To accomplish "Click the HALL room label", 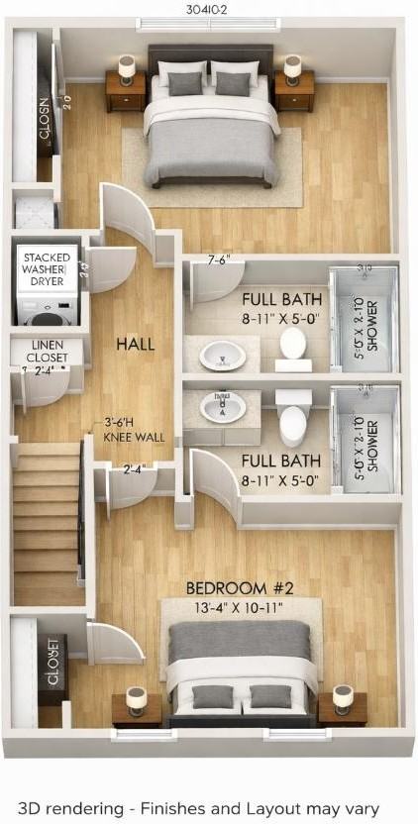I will (x=135, y=344).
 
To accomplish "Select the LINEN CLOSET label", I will (x=40, y=351).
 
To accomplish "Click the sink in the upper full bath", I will (x=222, y=355).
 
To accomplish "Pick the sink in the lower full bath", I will (x=222, y=406).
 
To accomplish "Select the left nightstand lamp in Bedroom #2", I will (x=136, y=698).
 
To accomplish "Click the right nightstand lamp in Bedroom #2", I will (x=343, y=698).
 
